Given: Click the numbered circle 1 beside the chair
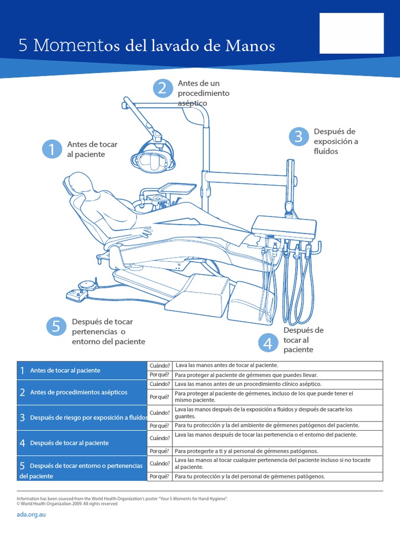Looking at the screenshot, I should (x=52, y=149).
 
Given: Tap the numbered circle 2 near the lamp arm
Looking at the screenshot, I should (x=162, y=88).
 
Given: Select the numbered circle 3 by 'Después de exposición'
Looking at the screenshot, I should (x=298, y=137).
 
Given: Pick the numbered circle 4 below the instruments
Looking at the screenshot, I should (x=268, y=343).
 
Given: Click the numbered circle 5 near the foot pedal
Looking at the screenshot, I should (x=56, y=327).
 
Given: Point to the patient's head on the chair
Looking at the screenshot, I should (x=76, y=183).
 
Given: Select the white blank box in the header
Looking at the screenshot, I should (x=352, y=33).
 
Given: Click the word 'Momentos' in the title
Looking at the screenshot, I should (x=71, y=46).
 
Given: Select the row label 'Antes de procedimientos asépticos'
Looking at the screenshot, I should (x=79, y=392).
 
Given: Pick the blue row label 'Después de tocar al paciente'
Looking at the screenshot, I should (x=69, y=443).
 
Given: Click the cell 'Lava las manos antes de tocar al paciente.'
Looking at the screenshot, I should (x=227, y=365).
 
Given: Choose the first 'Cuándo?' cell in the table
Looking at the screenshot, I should (x=159, y=366).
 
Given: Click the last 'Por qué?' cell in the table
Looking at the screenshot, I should (x=159, y=476).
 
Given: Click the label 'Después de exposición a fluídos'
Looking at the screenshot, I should (x=336, y=141).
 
